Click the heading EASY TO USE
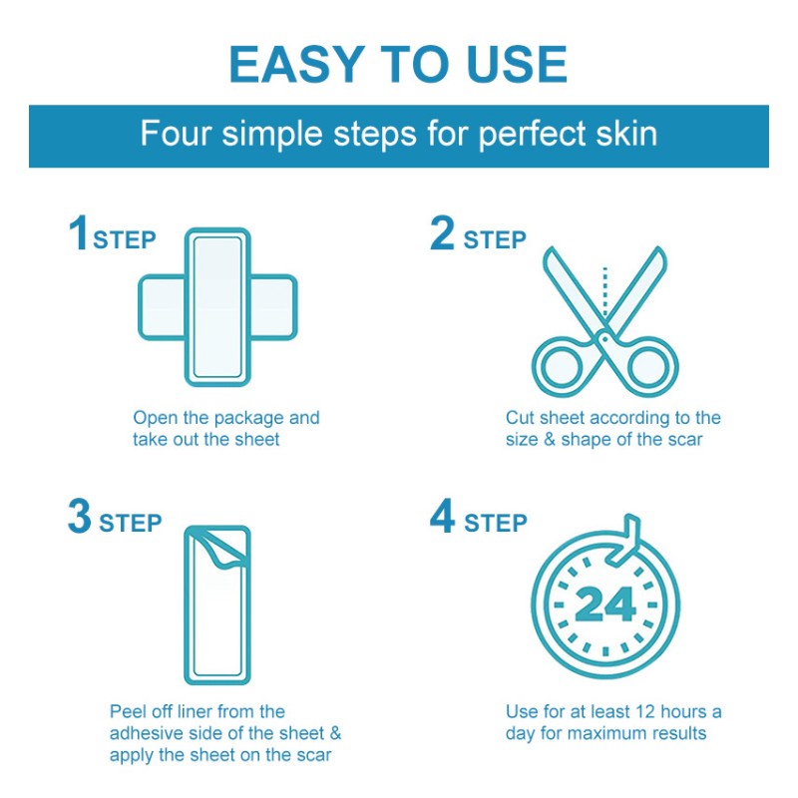tap(398, 65)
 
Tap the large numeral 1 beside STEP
tap(79, 234)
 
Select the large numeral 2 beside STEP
tap(442, 234)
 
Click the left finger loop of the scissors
tap(562, 365)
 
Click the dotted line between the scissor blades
tap(604, 289)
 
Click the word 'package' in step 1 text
tap(243, 418)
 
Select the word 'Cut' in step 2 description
tap(520, 418)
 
